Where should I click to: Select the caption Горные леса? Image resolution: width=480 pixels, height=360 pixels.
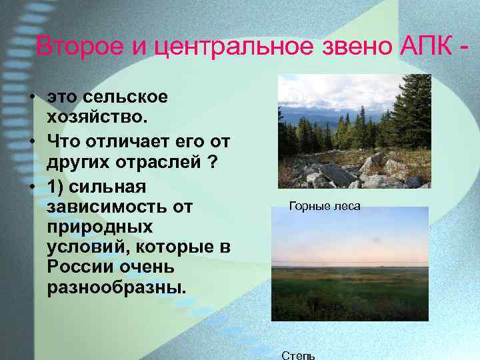324,207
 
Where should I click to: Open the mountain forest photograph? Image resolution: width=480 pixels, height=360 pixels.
354,131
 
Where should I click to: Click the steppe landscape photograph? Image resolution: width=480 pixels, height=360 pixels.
350,264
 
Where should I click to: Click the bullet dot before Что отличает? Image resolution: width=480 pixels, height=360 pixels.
32,141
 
